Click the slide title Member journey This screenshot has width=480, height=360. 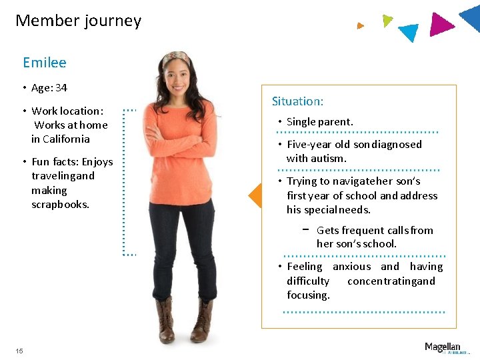point(78,21)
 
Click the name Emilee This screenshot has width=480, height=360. point(45,63)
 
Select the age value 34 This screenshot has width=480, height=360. point(61,88)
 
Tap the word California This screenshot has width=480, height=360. point(65,139)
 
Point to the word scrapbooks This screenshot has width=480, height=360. point(60,204)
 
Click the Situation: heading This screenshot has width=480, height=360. point(297,101)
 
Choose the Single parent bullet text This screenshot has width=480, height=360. point(319,121)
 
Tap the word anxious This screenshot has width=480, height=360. point(351,266)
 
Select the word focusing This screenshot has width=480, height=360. point(308,295)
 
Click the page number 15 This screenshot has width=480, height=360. point(19,351)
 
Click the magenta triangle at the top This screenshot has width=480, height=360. point(441,24)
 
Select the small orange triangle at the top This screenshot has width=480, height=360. point(360,26)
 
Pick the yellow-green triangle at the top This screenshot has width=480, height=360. point(387,20)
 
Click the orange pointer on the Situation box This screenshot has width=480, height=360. point(255,196)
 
